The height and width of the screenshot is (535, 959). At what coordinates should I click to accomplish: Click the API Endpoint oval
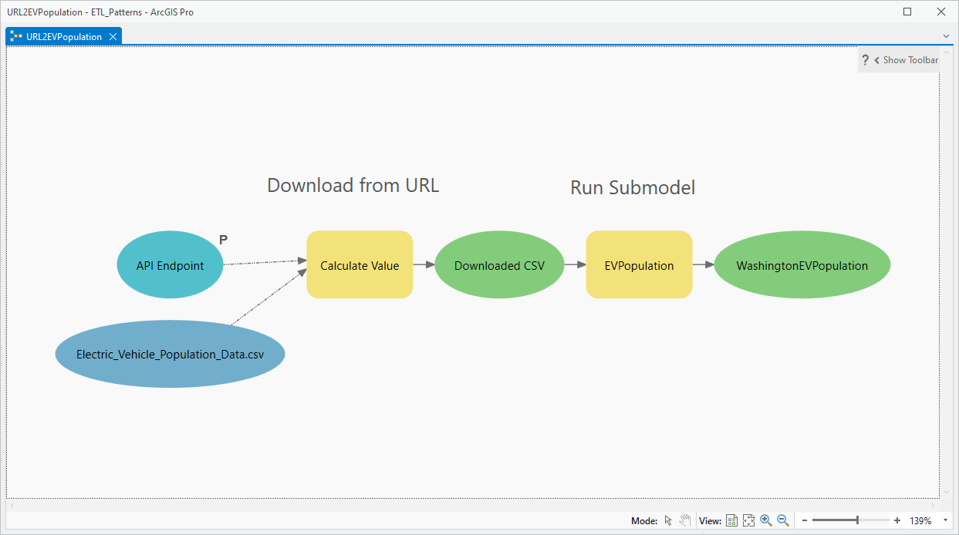[x=170, y=265]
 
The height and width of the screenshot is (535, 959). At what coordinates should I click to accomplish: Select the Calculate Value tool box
[x=360, y=265]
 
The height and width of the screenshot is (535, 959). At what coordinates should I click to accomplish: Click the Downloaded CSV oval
[x=499, y=265]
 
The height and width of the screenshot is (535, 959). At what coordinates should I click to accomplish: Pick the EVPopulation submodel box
[x=639, y=265]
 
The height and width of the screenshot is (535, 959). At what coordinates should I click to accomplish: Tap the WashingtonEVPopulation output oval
[x=802, y=265]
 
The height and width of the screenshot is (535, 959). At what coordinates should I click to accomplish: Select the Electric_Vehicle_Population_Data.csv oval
[x=170, y=355]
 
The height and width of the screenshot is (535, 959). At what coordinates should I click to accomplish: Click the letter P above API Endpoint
[x=223, y=240]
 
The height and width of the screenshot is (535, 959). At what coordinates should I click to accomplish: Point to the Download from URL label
[x=353, y=185]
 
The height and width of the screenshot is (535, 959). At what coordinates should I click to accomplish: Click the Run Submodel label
[x=633, y=187]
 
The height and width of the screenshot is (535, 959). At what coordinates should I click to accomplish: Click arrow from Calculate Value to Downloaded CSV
[x=424, y=264]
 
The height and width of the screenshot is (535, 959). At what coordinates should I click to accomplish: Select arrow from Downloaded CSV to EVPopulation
[x=575, y=264]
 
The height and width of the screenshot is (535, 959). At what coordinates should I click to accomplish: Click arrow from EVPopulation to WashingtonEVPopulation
[x=703, y=264]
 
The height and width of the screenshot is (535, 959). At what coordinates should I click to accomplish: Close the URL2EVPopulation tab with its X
[x=113, y=36]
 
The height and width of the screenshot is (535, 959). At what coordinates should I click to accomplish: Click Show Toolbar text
[x=910, y=60]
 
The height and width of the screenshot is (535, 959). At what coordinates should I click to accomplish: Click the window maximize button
[x=907, y=12]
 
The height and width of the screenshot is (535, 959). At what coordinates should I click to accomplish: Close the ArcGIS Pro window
[x=940, y=12]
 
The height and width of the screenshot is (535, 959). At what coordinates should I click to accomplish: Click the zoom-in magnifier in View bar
[x=765, y=520]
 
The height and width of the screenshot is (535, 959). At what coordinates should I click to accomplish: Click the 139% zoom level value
[x=920, y=521]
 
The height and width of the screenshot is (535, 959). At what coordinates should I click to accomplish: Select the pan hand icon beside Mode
[x=684, y=520]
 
